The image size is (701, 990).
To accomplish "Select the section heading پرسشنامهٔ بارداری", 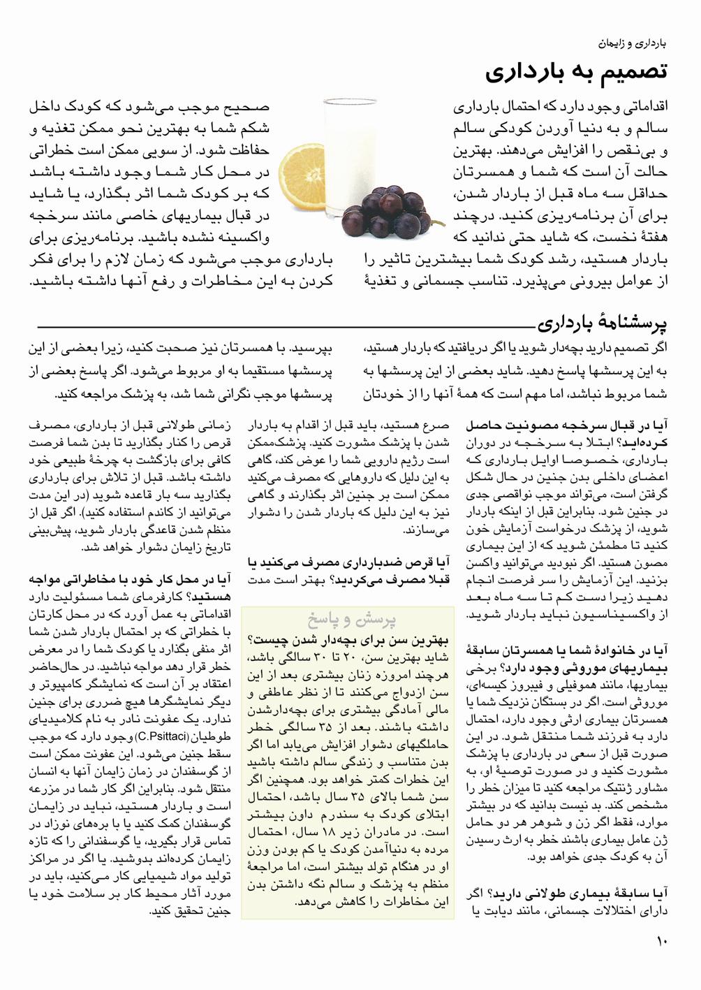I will tap(602, 323).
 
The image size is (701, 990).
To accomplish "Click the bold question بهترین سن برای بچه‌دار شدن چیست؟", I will tap(348, 639).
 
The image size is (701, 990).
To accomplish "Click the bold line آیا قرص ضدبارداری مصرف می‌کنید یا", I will tap(348, 562).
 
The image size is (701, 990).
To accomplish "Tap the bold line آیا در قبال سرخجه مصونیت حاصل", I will tap(566, 425).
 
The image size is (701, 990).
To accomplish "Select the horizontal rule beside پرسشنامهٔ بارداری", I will tap(279, 326).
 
